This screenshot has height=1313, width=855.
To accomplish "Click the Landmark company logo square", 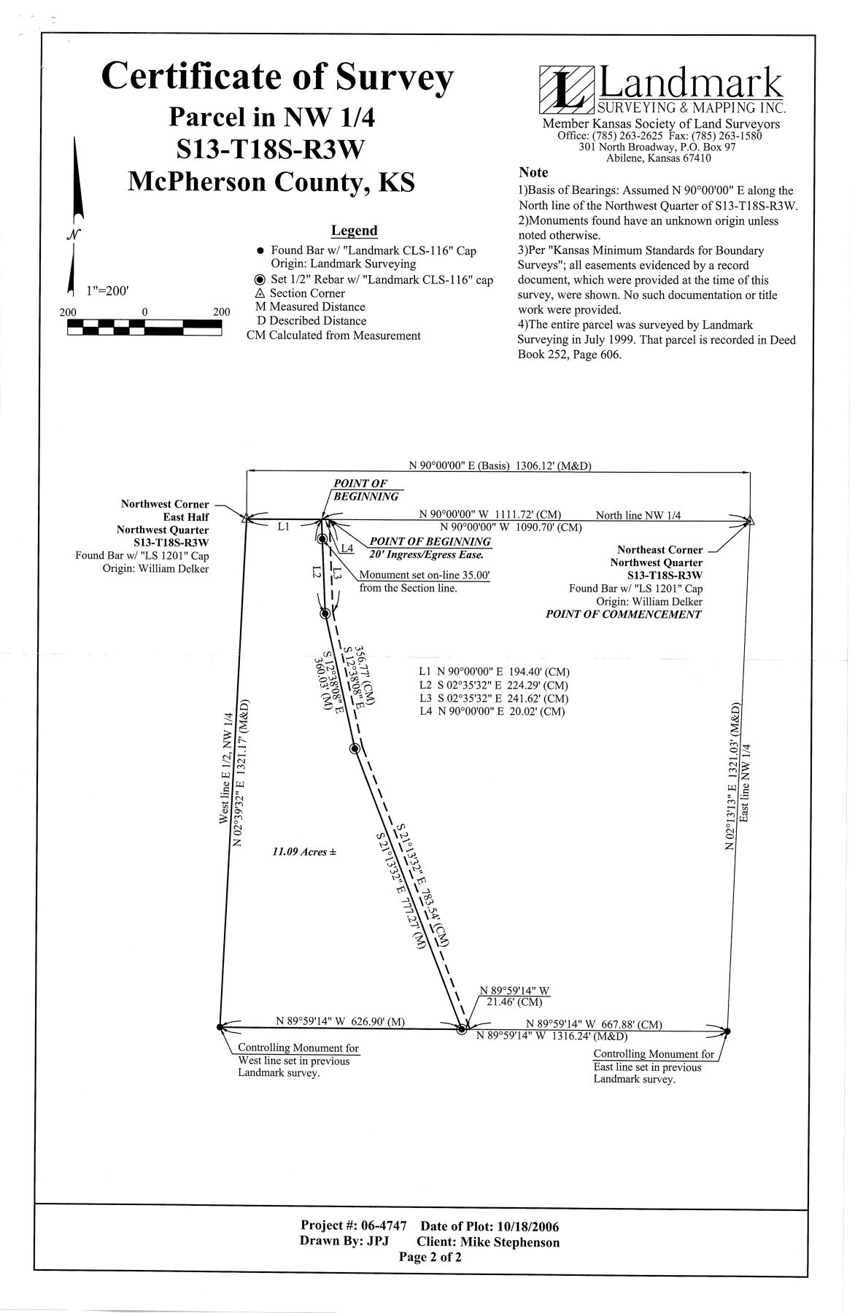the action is coord(566,89).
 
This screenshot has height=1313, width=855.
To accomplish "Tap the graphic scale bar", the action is coord(144,328).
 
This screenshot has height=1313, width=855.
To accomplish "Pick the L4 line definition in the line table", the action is coord(492,711).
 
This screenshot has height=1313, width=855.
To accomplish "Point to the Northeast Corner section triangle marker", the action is coord(749,520).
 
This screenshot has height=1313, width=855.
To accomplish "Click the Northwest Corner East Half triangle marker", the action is coord(247,519).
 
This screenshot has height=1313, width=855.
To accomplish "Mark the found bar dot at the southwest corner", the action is coord(220,1027).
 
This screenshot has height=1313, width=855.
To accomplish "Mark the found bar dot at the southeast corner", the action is coord(727,1031).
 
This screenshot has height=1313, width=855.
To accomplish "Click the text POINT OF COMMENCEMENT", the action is coord(624,614).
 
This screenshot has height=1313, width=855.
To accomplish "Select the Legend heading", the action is coord(355,231).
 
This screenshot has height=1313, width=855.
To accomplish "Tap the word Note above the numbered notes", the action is coord(533,173).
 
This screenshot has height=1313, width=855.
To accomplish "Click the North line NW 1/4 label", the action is coord(638,515).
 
